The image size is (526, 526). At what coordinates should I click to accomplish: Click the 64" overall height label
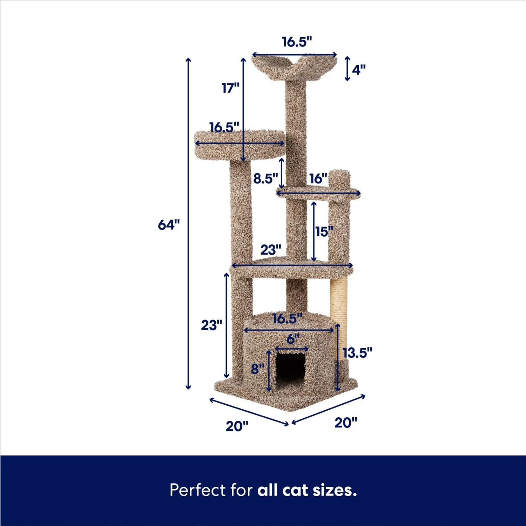pyautogui.click(x=169, y=224)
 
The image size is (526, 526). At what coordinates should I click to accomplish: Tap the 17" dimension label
pyautogui.click(x=230, y=88)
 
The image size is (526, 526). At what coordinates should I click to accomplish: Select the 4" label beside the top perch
pyautogui.click(x=358, y=70)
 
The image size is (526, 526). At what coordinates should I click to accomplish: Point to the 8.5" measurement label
pyautogui.click(x=265, y=178)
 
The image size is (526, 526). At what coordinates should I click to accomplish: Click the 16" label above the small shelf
pyautogui.click(x=318, y=178)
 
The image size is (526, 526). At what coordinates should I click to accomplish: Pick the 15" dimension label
pyautogui.click(x=324, y=231)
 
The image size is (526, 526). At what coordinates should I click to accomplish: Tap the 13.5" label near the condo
pyautogui.click(x=357, y=353)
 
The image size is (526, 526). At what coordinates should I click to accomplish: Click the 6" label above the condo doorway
pyautogui.click(x=293, y=339)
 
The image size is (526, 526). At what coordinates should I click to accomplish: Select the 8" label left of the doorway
pyautogui.click(x=258, y=369)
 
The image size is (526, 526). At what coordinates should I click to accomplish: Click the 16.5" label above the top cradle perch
pyautogui.click(x=297, y=42)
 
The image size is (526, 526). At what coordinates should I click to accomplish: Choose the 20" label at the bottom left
pyautogui.click(x=237, y=426)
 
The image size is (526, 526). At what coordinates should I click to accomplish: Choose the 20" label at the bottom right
pyautogui.click(x=346, y=423)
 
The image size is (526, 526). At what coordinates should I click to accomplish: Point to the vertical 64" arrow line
pyautogui.click(x=188, y=281)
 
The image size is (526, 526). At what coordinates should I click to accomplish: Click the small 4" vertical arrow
pyautogui.click(x=347, y=69)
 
